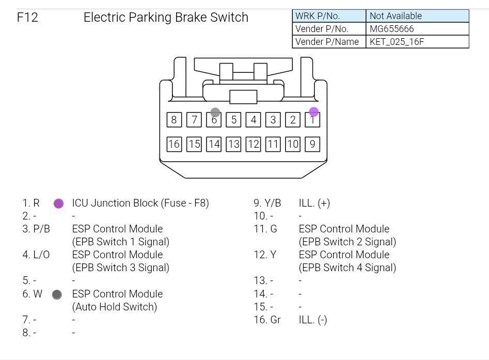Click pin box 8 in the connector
tap(174, 120)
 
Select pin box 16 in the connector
tap(174, 144)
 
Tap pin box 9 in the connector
tap(312, 144)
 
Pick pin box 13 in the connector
tap(233, 144)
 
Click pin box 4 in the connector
tap(253, 120)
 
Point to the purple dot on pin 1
tap(314, 112)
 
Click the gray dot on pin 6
tap(215, 112)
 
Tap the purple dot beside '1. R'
tap(59, 204)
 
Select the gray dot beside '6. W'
tap(57, 294)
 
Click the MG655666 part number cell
tap(417, 29)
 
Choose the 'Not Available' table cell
tap(417, 16)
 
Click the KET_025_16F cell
tap(417, 41)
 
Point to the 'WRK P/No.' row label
tap(318, 16)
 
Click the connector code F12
tap(27, 17)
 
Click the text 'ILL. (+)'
tap(314, 203)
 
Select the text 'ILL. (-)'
tap(313, 320)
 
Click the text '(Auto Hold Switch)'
tap(115, 307)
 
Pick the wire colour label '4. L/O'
tap(36, 255)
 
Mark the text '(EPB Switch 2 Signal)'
tap(348, 242)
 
